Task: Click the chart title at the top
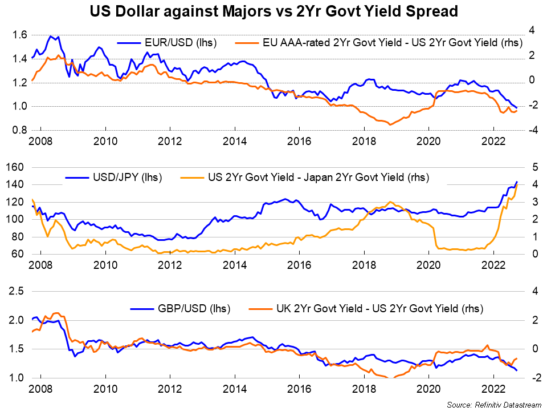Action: pos(273,11)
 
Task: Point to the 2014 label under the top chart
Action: pos(235,141)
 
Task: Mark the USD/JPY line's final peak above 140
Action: pos(516,182)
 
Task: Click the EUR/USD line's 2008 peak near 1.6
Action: pos(51,37)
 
